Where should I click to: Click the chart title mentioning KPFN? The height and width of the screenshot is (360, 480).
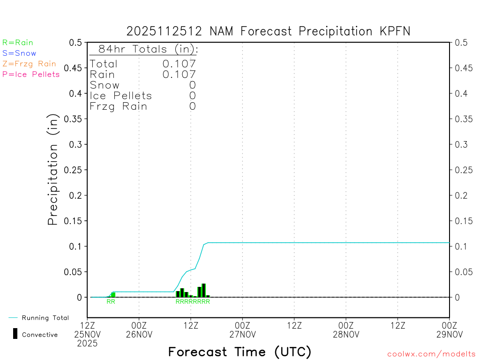point(269,31)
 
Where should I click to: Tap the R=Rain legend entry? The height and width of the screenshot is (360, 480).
point(18,43)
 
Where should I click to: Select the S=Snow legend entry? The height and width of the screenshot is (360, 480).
point(19,53)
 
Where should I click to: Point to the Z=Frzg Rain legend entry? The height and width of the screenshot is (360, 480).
point(29,64)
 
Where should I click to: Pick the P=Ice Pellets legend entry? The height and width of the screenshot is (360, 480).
point(31,74)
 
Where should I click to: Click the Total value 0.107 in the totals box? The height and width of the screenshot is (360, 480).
point(179,64)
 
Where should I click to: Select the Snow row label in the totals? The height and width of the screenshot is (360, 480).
point(105,85)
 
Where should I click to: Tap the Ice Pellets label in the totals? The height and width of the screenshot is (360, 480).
point(121,96)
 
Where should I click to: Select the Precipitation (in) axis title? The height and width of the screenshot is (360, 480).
point(53,170)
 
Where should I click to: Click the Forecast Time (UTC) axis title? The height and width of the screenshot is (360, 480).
point(240,352)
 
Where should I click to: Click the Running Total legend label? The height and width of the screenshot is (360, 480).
point(45,318)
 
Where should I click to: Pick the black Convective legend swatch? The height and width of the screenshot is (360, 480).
point(15,334)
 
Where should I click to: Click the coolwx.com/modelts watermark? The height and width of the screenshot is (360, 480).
point(431,354)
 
